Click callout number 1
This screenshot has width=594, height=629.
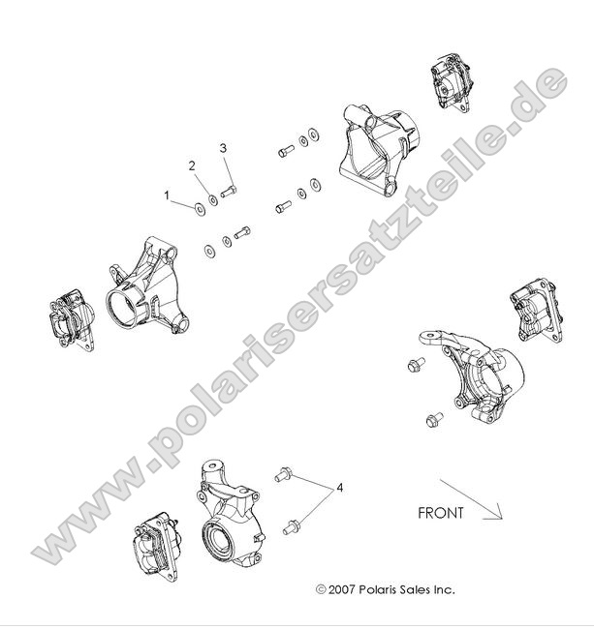click(x=167, y=195)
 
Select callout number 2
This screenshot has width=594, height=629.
click(x=192, y=165)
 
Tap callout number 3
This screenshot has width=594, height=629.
click(x=223, y=148)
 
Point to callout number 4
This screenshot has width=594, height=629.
click(x=340, y=489)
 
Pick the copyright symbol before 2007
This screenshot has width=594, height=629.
click(x=321, y=588)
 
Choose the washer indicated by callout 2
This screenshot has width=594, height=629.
click(x=213, y=198)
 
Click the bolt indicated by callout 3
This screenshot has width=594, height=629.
click(x=230, y=192)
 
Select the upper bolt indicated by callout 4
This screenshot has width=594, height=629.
click(x=284, y=474)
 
